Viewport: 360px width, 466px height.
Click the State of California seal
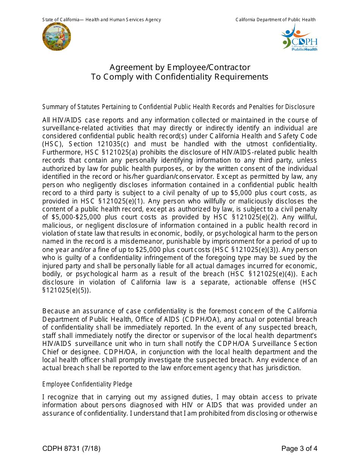tap(56, 37)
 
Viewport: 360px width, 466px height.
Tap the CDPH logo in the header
tap(299, 38)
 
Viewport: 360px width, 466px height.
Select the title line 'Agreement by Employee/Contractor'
tap(180, 67)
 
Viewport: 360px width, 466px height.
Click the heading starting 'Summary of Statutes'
tap(178, 107)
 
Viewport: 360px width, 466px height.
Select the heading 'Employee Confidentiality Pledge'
tap(87, 384)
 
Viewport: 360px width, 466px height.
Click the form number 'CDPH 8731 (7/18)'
tap(71, 449)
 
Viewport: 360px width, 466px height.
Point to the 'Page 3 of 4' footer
tap(299, 449)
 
